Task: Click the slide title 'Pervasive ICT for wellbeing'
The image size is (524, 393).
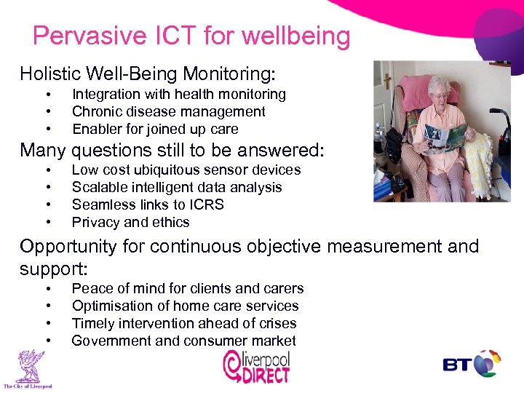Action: coord(191,36)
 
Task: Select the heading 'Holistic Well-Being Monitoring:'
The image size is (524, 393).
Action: coord(148,74)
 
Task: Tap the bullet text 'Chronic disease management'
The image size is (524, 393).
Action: coord(168,111)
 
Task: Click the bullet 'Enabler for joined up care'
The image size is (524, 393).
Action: coord(155,129)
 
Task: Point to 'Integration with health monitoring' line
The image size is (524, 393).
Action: coord(178,94)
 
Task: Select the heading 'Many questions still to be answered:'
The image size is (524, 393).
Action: coord(172,150)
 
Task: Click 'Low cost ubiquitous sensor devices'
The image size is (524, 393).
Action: coord(186,170)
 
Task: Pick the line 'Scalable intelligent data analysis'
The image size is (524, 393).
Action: coord(177,187)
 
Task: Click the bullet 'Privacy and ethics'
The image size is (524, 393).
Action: coord(130,222)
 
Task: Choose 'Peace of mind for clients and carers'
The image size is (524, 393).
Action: coord(187,288)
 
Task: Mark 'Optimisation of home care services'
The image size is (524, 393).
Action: coord(185,306)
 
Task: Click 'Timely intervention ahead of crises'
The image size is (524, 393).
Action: coord(184,323)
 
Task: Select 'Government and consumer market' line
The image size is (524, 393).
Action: coord(183,341)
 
